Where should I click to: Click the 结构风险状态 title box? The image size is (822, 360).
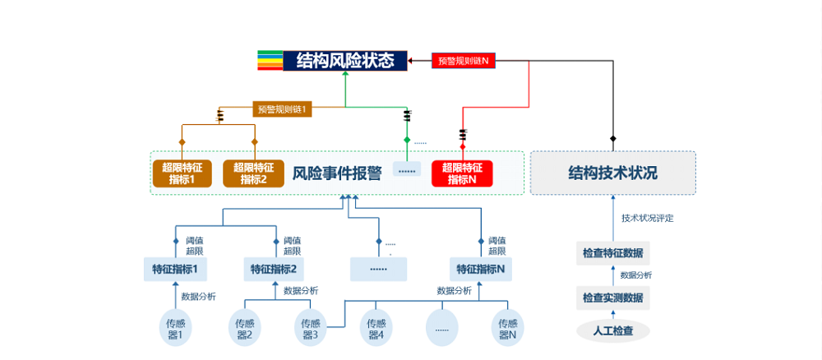[345, 61]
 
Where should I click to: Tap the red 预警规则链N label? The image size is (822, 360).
[463, 61]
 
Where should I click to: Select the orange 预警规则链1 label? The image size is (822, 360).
[281, 108]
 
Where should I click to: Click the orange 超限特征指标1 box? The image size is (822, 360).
[182, 173]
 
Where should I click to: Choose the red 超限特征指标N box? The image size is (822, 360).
[462, 173]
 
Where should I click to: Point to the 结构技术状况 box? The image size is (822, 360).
[612, 173]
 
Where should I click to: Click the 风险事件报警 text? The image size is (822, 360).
[337, 173]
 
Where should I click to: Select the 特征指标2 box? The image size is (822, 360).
[274, 269]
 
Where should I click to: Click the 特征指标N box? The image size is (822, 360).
[481, 269]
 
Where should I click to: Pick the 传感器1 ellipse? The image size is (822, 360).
[175, 328]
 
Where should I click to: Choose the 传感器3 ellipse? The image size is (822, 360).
[309, 328]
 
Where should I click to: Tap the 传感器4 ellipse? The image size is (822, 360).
[376, 328]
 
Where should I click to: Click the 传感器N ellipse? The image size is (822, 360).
[506, 328]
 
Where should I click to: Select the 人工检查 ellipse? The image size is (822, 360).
[612, 331]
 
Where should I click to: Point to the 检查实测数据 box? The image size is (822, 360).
[612, 298]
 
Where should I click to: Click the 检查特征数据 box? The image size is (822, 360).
[612, 252]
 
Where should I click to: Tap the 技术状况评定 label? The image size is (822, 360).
[647, 218]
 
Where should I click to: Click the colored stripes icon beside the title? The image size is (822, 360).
[270, 61]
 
